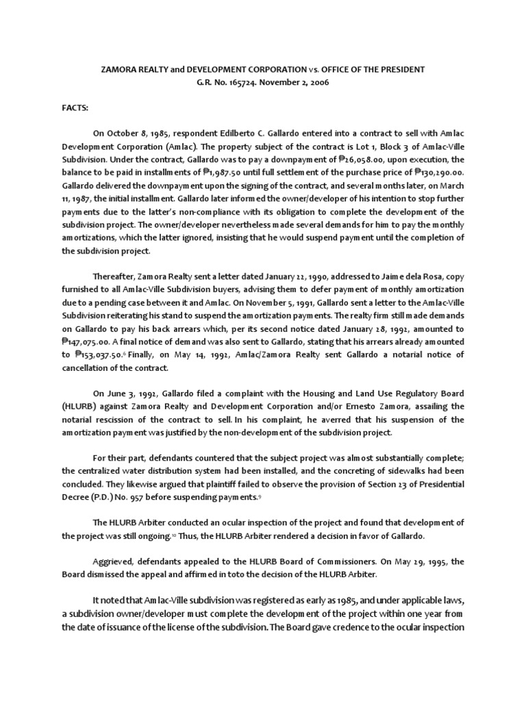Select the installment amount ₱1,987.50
(x=229, y=170)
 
